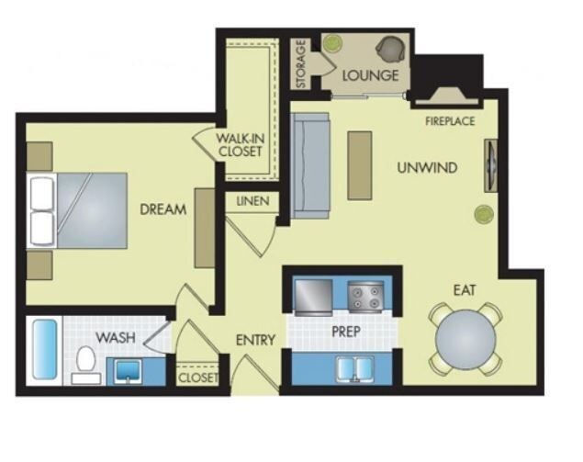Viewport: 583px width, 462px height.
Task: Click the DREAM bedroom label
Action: pyautogui.click(x=163, y=209)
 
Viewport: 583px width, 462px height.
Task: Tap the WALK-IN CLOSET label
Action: pyautogui.click(x=240, y=144)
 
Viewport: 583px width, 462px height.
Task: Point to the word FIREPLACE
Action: pyautogui.click(x=450, y=121)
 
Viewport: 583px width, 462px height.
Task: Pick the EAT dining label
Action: pyautogui.click(x=464, y=290)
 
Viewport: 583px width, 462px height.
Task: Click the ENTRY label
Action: pyautogui.click(x=255, y=340)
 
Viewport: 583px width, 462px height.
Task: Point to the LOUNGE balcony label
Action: pyautogui.click(x=370, y=74)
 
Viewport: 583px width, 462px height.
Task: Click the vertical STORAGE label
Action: pyautogui.click(x=301, y=64)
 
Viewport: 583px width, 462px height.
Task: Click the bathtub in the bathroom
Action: pyautogui.click(x=44, y=350)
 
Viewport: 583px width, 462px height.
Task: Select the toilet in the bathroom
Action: pyautogui.click(x=86, y=362)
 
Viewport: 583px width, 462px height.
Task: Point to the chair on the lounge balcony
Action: pyautogui.click(x=392, y=48)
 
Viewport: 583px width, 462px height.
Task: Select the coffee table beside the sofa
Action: pyautogui.click(x=360, y=164)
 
